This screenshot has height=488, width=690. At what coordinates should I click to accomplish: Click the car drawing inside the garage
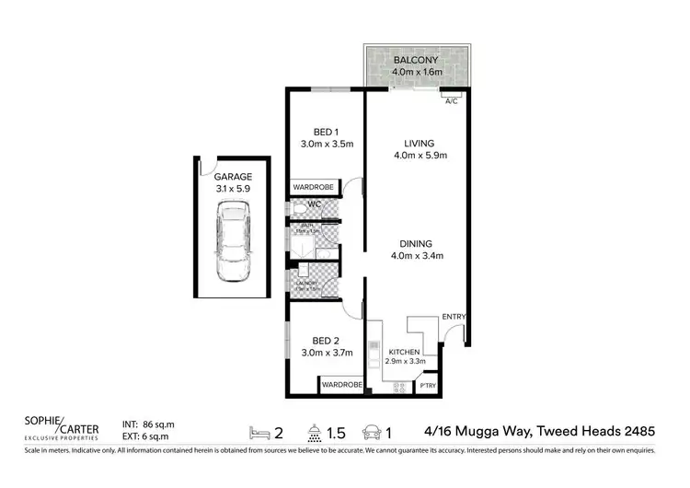tap(233, 243)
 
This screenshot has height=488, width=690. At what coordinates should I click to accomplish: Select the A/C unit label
tap(451, 101)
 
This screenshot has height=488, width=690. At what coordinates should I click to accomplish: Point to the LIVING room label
tap(419, 143)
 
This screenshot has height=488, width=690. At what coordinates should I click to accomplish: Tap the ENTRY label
tap(454, 318)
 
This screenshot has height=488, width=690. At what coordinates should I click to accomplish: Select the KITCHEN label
tap(404, 352)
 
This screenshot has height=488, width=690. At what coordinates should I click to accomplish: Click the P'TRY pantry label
tap(427, 385)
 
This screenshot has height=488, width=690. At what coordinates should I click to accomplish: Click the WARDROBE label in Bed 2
tap(341, 384)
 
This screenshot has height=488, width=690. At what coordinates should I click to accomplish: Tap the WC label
tap(314, 204)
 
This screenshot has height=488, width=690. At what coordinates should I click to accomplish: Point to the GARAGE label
tap(232, 176)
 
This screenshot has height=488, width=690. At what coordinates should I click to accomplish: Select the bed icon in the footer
tap(260, 430)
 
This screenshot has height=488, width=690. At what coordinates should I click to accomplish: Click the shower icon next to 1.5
tap(316, 430)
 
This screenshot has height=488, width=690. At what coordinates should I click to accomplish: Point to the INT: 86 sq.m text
tap(148, 424)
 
